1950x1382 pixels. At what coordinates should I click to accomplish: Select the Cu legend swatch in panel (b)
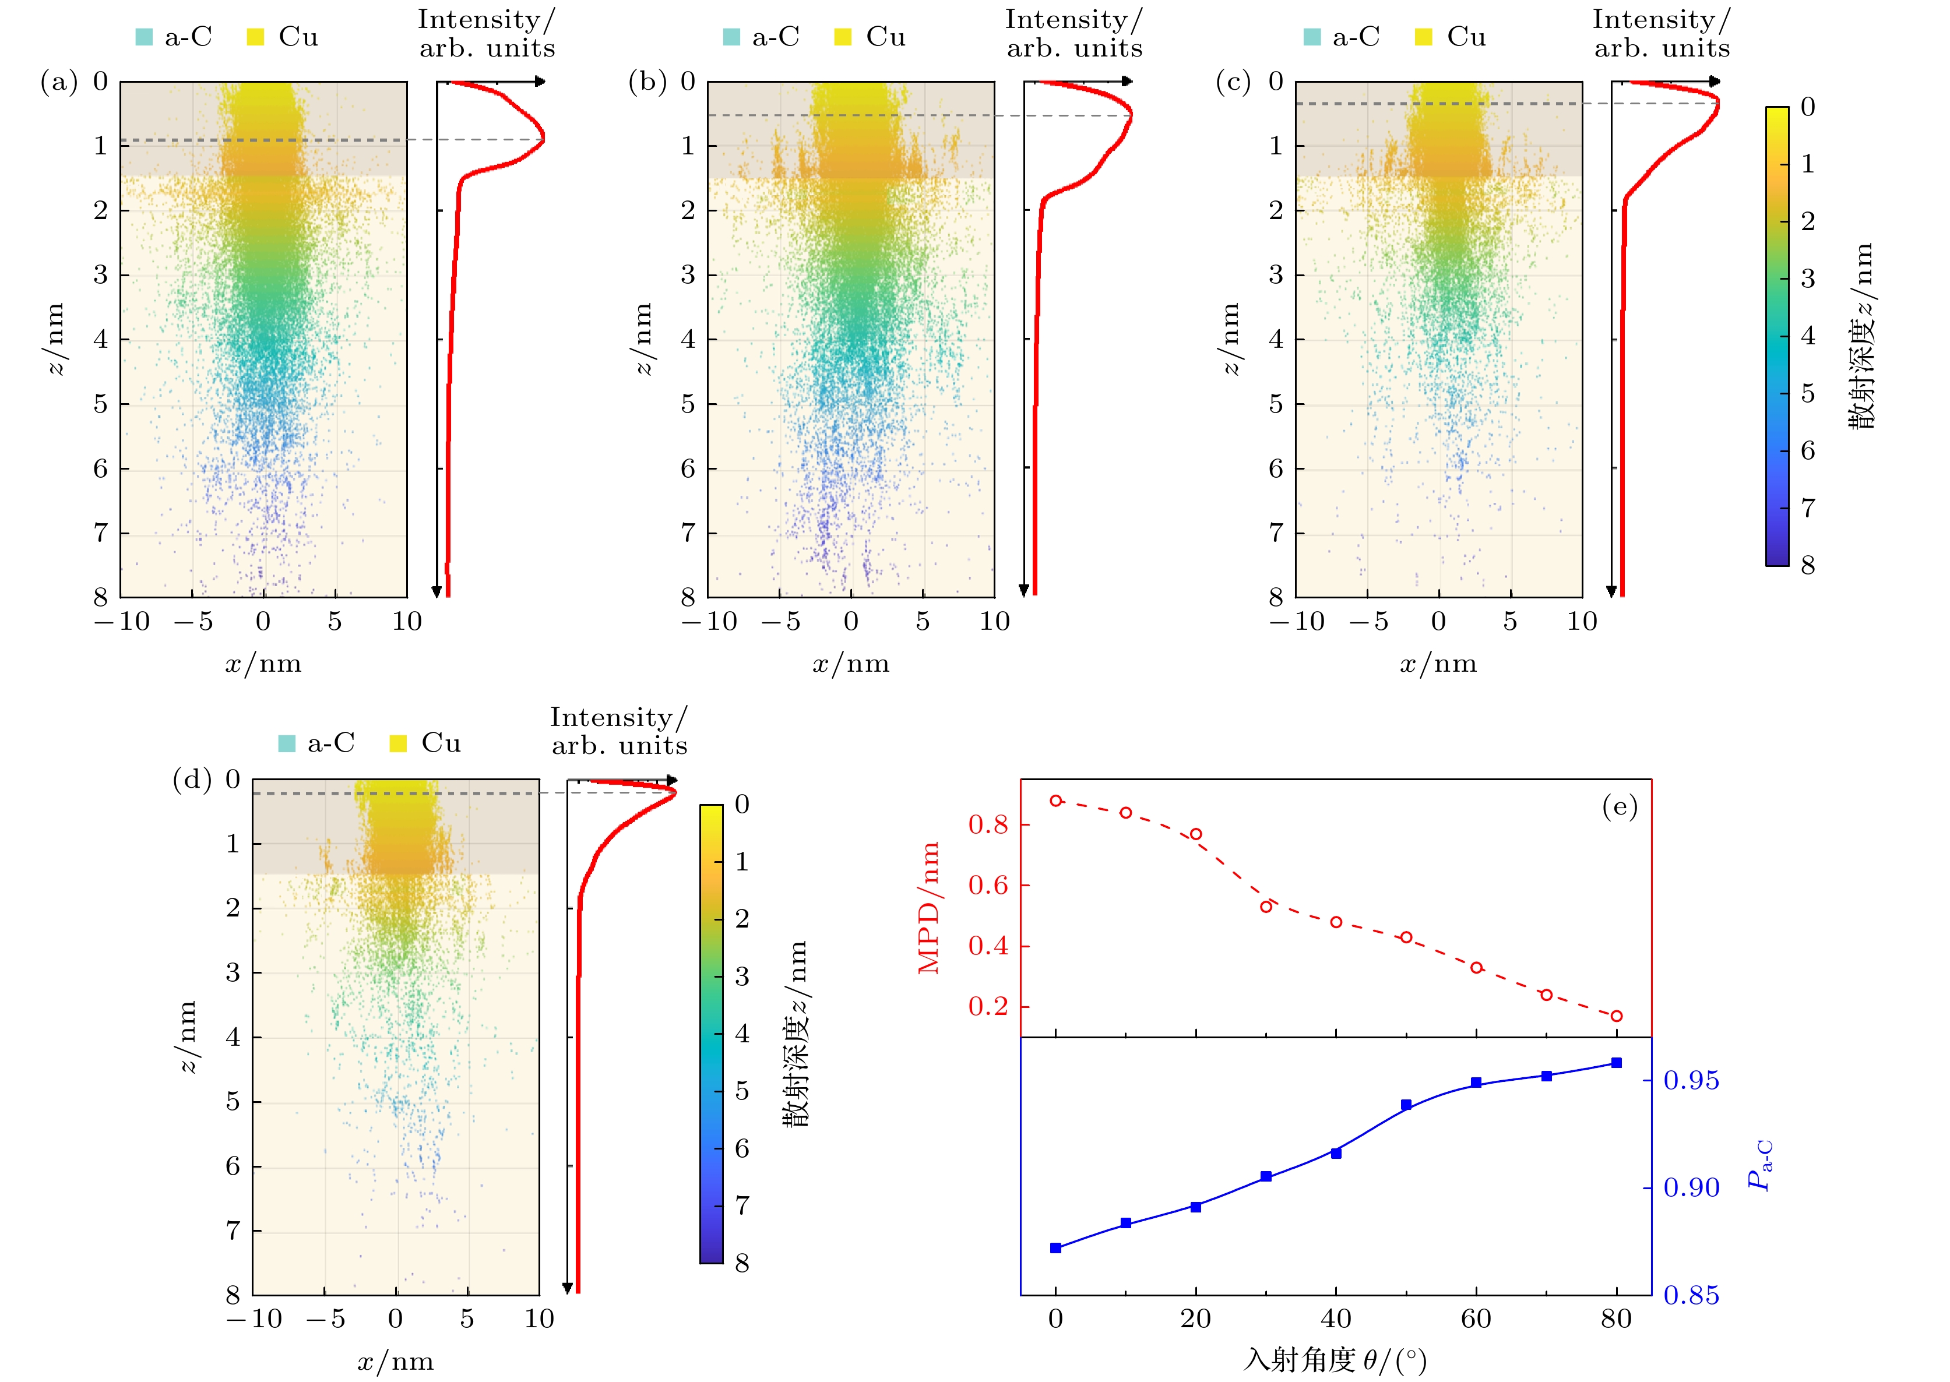pos(843,37)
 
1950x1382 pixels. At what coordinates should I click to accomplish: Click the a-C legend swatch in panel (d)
pos(287,744)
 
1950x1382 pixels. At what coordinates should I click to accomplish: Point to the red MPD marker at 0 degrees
pos(1056,801)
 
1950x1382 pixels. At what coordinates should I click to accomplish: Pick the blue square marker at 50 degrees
pos(1406,1105)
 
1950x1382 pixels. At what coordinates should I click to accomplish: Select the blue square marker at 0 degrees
pos(1056,1247)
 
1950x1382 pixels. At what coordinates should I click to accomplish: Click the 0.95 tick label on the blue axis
pos(1691,1081)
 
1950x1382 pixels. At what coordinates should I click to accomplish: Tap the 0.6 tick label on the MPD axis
pos(987,885)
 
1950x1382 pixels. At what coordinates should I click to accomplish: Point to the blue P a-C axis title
pos(1758,1166)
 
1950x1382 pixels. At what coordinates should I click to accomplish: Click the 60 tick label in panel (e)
pos(1476,1319)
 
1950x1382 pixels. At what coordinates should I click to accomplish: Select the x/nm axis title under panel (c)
pos(1438,664)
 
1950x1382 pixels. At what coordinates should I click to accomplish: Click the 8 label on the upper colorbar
pos(1808,565)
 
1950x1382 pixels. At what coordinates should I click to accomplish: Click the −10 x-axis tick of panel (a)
pos(122,621)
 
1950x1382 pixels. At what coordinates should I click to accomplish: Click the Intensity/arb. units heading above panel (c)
pos(1662,34)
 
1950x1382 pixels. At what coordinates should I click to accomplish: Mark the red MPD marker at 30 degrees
pos(1266,907)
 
